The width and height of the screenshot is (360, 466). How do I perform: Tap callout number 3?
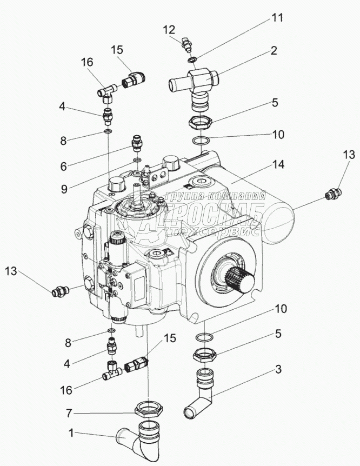278,370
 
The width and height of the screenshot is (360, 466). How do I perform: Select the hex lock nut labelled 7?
149,408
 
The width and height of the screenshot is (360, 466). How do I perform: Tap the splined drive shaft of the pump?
240,281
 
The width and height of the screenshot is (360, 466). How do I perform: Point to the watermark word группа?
186,196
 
